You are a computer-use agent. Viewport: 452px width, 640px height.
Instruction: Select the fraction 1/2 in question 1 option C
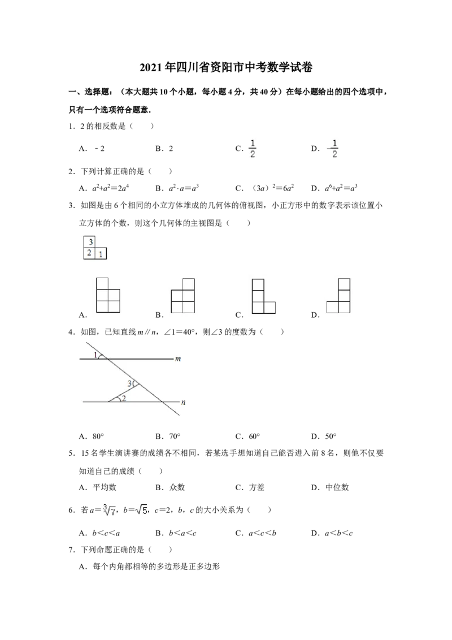tap(253, 149)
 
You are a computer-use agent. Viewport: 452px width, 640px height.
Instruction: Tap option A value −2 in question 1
tap(99, 149)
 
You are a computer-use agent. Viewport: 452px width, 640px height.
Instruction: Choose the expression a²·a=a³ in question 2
tap(184, 188)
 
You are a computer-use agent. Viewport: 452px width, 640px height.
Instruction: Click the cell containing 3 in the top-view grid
tap(90, 242)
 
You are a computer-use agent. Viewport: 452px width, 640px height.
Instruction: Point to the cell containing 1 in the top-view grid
tap(101, 253)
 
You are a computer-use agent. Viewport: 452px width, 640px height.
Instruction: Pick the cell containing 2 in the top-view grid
tap(90, 253)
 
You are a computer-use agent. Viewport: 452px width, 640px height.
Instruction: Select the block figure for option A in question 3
tap(108, 295)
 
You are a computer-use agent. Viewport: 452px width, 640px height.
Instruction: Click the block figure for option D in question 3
tap(338, 296)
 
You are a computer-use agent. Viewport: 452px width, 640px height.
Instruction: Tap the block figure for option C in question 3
tap(263, 296)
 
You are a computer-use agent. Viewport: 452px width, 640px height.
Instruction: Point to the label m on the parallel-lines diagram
tap(178, 359)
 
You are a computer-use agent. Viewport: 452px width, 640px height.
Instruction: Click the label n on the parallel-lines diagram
tap(183, 402)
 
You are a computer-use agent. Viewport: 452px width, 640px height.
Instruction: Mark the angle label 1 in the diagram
tap(95, 354)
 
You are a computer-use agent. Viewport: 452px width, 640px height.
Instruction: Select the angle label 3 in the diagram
tap(129, 384)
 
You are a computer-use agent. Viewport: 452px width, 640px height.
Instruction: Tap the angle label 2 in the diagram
tap(124, 398)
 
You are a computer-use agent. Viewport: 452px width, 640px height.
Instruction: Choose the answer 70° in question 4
tap(175, 436)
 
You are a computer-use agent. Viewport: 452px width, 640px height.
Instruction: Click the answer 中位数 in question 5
tap(337, 487)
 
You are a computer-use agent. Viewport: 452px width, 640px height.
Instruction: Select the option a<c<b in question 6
tap(262, 533)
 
